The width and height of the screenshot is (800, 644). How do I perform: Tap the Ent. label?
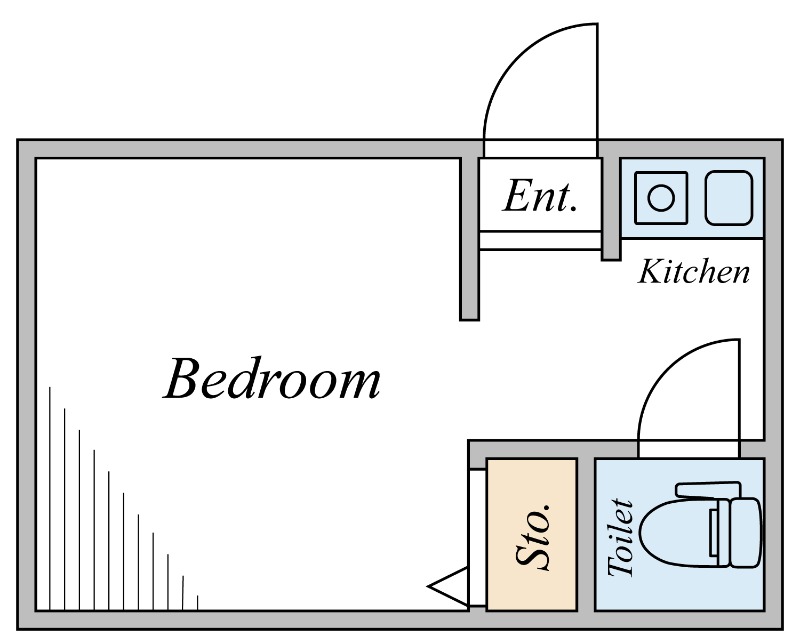(540, 196)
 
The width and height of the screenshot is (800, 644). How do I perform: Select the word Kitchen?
(694, 271)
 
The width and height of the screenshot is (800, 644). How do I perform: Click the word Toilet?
(621, 537)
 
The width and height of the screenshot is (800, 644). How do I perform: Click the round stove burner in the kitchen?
(661, 197)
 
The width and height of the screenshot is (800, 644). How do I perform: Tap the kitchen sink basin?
(729, 197)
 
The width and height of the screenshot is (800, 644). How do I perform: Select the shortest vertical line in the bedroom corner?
(198, 602)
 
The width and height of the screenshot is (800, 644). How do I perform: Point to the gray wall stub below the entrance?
(469, 285)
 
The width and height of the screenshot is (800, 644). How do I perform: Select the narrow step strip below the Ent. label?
(540, 240)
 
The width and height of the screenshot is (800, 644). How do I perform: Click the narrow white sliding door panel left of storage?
(477, 520)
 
